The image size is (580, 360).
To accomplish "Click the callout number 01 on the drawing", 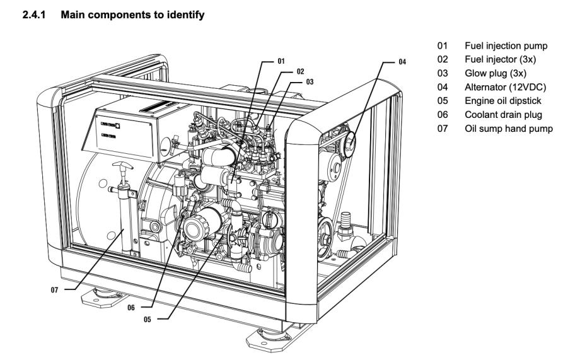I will (x=281, y=62).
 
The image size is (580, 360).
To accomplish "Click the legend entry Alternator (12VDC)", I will (x=498, y=82).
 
